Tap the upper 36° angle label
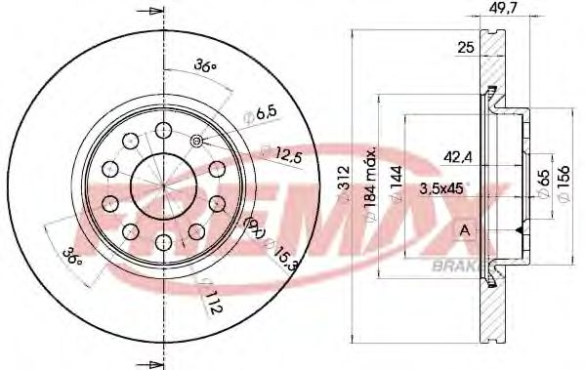point(203,66)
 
